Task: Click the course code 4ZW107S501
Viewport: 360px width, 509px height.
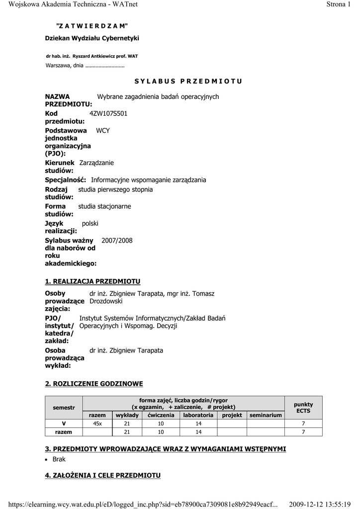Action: point(108,113)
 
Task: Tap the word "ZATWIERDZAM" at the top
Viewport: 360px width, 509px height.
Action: point(92,25)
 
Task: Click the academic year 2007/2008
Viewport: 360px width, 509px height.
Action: point(117,241)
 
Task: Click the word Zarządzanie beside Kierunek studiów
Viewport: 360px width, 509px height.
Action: point(96,163)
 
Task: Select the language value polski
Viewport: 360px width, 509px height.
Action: point(90,224)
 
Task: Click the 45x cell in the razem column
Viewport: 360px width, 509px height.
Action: point(97,424)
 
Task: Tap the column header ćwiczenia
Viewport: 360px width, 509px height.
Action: point(161,415)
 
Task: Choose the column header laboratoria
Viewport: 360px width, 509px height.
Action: point(198,415)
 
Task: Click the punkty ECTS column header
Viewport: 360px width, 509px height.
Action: point(303,408)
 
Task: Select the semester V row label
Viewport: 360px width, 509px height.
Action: point(64,424)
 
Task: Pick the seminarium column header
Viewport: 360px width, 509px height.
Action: point(266,415)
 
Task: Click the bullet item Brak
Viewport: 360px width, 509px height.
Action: point(59,459)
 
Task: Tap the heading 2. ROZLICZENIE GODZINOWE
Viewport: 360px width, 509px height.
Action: point(94,384)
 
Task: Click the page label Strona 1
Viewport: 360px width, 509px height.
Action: point(342,4)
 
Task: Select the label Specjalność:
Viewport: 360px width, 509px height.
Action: point(66,180)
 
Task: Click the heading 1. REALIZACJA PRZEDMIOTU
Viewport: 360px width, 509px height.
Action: point(92,281)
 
